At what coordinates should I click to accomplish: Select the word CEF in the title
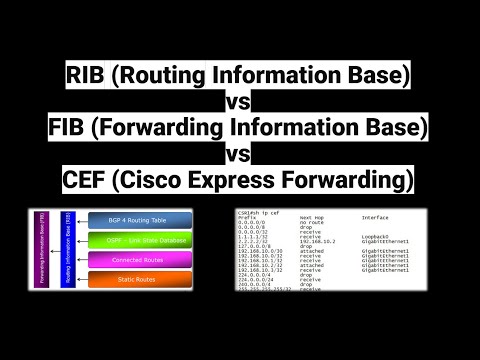pos(96,181)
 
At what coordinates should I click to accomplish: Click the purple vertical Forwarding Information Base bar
pos(41,251)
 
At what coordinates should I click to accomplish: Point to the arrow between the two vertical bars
pos(55,250)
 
